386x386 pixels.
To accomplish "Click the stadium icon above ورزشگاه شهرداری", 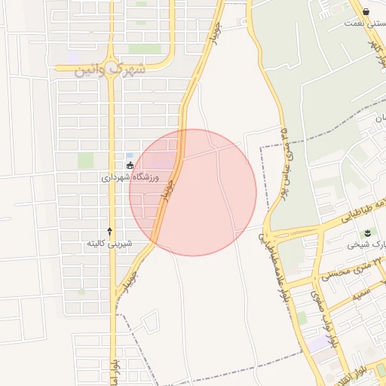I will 130,165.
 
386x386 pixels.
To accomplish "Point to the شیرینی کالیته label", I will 109,244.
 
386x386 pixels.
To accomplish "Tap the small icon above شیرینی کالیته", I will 110,231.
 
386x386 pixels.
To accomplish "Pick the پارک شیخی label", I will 365,245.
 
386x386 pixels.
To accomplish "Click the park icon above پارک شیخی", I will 367,232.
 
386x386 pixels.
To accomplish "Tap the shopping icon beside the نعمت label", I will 366,11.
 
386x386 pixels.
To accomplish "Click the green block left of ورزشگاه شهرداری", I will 86,161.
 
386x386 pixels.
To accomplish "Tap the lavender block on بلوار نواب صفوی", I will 320,343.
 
